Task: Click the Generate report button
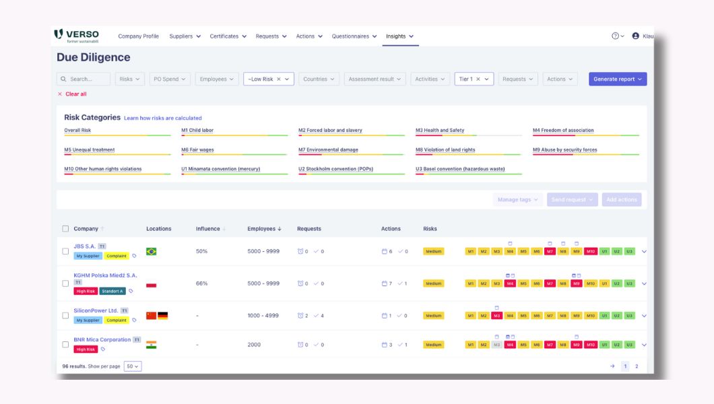(x=617, y=79)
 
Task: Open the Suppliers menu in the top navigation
(x=185, y=36)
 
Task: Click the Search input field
(x=84, y=79)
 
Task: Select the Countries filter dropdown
(x=319, y=79)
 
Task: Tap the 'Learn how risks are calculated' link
(x=162, y=118)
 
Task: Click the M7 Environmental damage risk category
(x=328, y=149)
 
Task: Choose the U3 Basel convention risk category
(x=459, y=169)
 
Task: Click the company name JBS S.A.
(x=85, y=246)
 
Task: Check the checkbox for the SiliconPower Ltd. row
(x=65, y=315)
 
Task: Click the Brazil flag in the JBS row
(x=152, y=251)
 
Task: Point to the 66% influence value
(x=201, y=283)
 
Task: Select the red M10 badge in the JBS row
(x=591, y=251)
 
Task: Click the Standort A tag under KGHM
(x=112, y=292)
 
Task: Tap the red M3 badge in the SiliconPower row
(x=496, y=315)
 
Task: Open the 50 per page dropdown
(x=133, y=366)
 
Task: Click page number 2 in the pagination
(x=637, y=366)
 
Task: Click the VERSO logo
(x=76, y=36)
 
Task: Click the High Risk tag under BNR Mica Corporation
(x=86, y=349)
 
